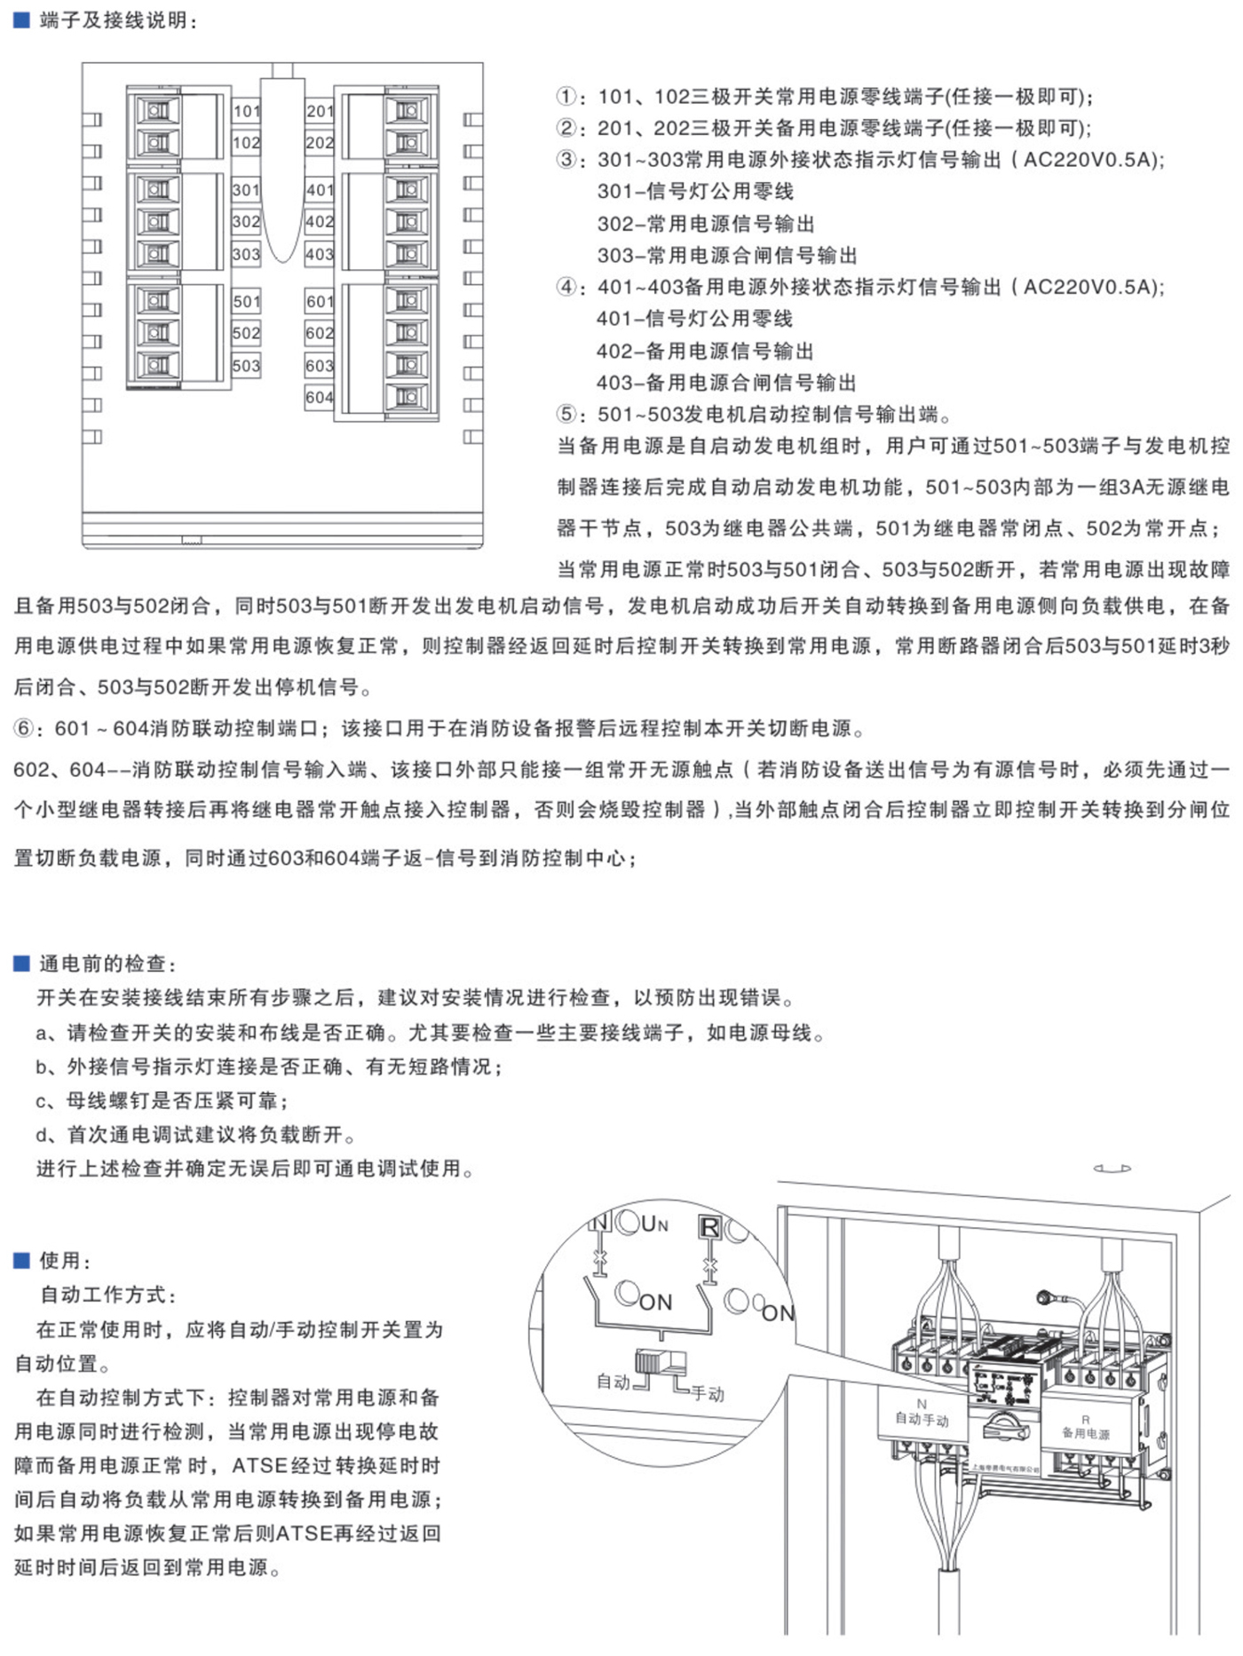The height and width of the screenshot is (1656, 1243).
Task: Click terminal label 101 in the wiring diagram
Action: tap(247, 111)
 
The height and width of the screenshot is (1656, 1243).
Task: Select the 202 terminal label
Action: tap(320, 143)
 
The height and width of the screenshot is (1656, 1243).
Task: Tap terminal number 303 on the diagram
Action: tap(247, 255)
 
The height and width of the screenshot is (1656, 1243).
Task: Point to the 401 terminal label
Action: tap(320, 190)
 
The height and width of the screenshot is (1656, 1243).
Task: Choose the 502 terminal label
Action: tap(247, 334)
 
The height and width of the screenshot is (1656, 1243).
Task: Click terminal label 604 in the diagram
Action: tap(320, 398)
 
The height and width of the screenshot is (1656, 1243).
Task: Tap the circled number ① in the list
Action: tap(566, 97)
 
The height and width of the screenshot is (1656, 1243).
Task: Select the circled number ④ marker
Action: tap(566, 287)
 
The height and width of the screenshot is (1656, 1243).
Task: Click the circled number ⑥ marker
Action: tap(24, 729)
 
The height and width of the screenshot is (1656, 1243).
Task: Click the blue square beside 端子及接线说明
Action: tap(21, 20)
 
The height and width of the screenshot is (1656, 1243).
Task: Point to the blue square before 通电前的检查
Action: tap(21, 963)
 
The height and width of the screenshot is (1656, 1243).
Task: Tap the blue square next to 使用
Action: tap(21, 1260)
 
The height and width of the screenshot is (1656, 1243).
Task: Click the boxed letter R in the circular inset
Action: tap(710, 1227)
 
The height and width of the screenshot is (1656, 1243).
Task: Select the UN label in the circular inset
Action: tap(654, 1224)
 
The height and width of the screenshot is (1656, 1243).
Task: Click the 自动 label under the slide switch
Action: tap(613, 1382)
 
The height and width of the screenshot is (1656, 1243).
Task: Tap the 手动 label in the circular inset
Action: tap(708, 1393)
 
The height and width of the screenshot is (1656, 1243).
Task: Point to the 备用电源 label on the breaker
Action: tap(1086, 1433)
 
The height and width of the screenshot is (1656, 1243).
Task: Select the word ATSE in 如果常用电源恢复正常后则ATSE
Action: tap(304, 1533)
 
